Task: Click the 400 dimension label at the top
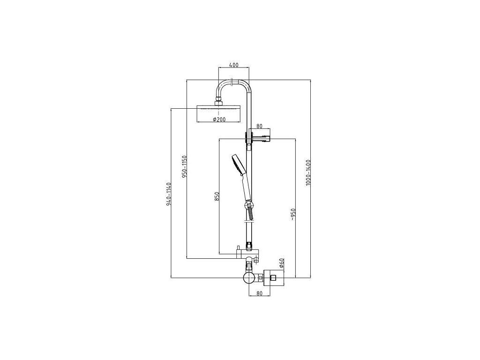[x=233, y=64]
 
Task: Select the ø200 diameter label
[x=219, y=120]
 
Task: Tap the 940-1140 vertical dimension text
[x=169, y=193]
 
